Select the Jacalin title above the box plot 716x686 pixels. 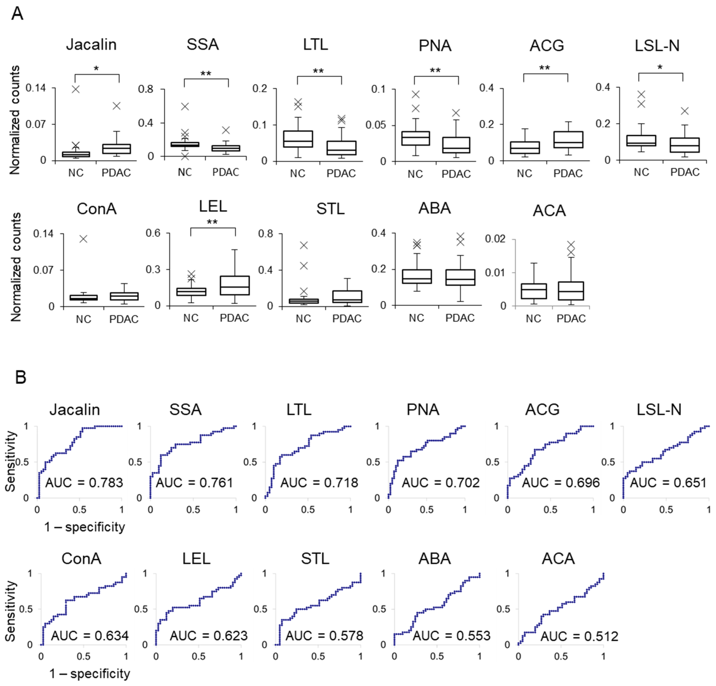[x=91, y=45]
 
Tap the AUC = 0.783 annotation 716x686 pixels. [x=84, y=483]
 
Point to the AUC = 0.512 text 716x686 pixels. [x=579, y=636]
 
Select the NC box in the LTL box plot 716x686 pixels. [x=298, y=139]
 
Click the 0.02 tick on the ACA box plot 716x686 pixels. [x=495, y=239]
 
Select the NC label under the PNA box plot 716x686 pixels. [x=415, y=174]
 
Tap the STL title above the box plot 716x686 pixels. [x=330, y=209]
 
